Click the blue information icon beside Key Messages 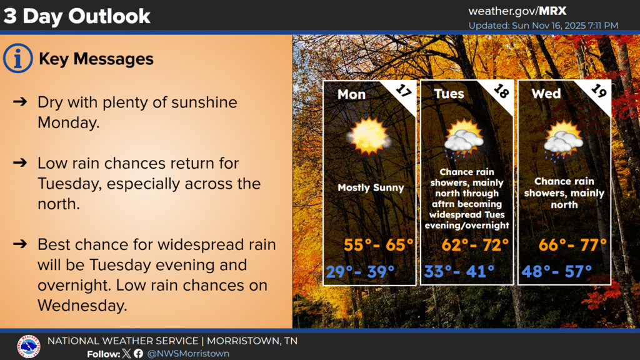[x=17, y=58]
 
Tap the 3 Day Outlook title [x=77, y=16]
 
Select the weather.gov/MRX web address [x=517, y=11]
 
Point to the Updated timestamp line [x=543, y=25]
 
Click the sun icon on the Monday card [x=369, y=136]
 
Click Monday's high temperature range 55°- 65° [x=378, y=245]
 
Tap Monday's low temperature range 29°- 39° [x=361, y=271]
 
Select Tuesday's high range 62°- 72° [x=475, y=245]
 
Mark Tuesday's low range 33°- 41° [x=459, y=271]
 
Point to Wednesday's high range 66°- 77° [x=572, y=245]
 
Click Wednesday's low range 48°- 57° [x=557, y=271]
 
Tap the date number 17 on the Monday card [x=403, y=91]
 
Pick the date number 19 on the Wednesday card [x=598, y=91]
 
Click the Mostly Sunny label [x=371, y=187]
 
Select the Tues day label [x=449, y=94]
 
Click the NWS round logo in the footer [x=29, y=346]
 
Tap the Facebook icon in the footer [x=138, y=354]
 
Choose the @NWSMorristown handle [x=187, y=354]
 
